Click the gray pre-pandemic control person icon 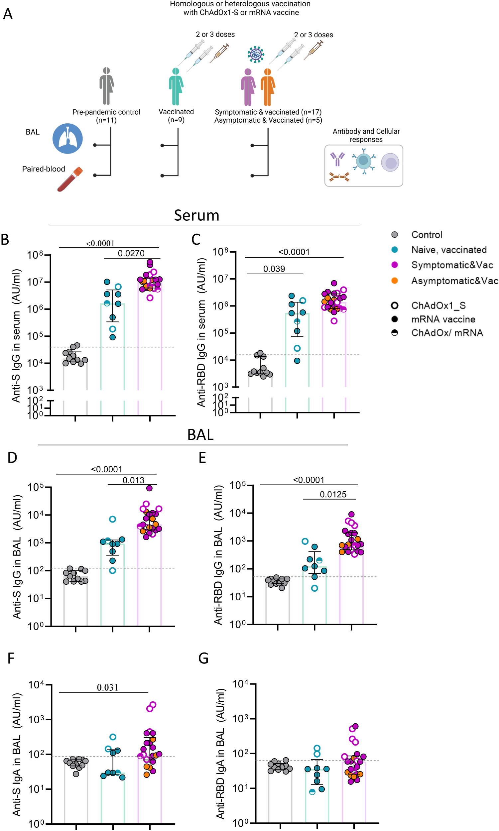pos(107,86)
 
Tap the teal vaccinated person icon pos(176,87)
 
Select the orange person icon pos(268,87)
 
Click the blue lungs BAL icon pos(67,139)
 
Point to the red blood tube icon pos(69,179)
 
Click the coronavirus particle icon pos(256,54)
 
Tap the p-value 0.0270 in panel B pos(131,254)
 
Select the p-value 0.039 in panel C pos(274,269)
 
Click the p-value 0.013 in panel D pos(133,480)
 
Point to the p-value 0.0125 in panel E pos(333,495)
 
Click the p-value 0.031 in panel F pos(108,688)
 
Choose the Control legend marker pos(395,235)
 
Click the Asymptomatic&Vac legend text pos(454,281)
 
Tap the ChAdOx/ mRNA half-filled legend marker pos(395,333)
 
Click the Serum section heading pos(197,215)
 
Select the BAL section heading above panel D pos(200,435)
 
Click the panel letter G pos(203,658)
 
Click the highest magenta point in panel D pos(150,488)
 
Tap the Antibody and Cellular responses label pos(366,135)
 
